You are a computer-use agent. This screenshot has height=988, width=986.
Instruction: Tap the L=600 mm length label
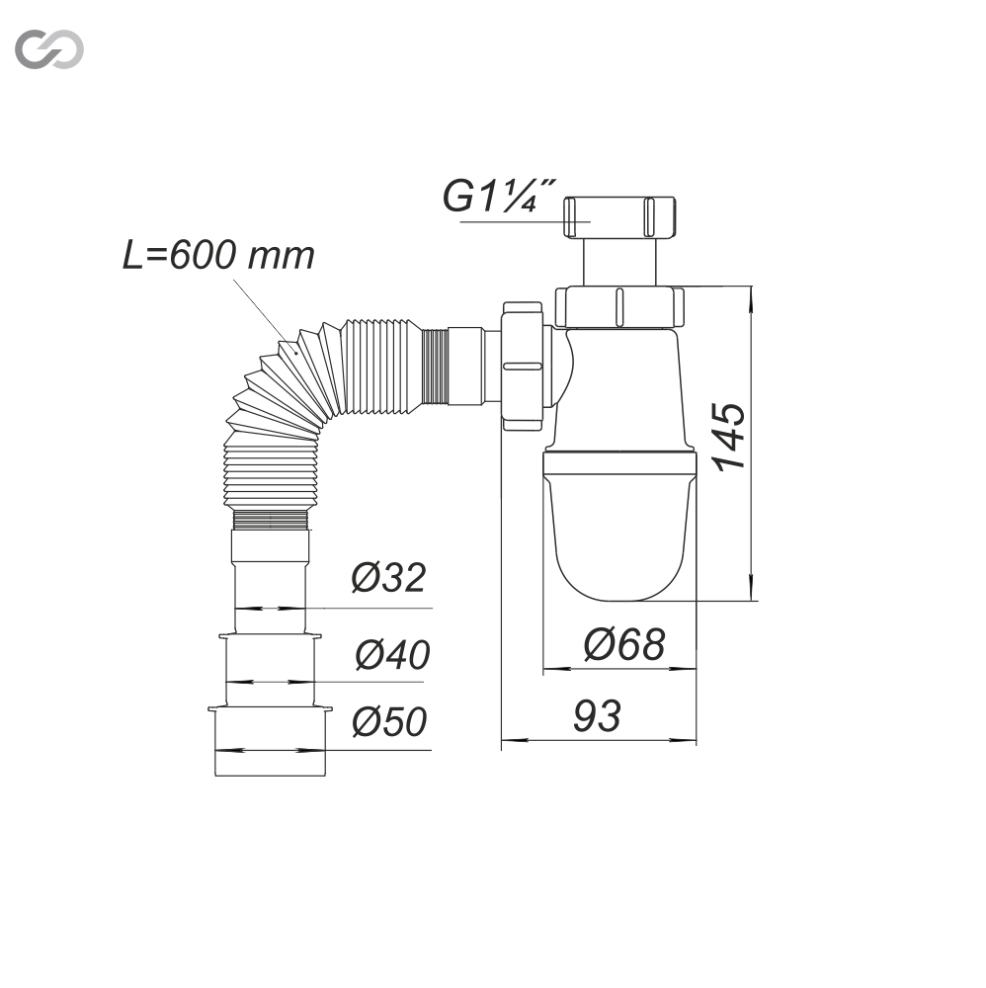[x=218, y=255]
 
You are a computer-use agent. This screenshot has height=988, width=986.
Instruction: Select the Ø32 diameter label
[x=388, y=577]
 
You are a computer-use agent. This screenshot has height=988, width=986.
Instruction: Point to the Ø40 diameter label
[x=392, y=654]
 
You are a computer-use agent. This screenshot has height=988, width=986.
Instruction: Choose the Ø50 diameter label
[x=389, y=721]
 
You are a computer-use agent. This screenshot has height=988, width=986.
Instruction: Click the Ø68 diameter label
[x=623, y=644]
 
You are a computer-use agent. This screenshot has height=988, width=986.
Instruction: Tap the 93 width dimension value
[x=597, y=715]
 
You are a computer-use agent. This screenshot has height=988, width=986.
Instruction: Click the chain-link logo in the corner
[x=49, y=48]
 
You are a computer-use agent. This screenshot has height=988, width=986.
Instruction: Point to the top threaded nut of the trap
[x=619, y=217]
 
